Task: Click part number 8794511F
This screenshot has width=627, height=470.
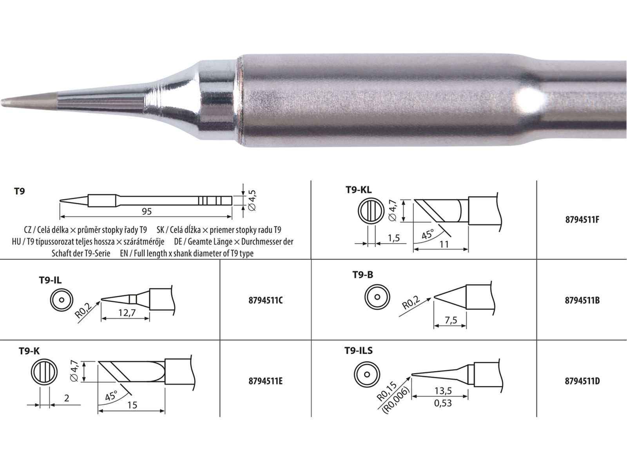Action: coord(582,220)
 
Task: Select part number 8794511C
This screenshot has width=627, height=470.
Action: coord(265,300)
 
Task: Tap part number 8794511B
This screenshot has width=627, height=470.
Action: coord(582,300)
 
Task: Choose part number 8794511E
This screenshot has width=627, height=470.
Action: coord(265,381)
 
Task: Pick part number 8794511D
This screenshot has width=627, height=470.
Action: coord(582,381)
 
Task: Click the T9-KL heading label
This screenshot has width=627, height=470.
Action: coord(359,190)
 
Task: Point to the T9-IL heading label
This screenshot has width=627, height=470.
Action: coord(50,280)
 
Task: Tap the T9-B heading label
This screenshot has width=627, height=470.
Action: coord(362,275)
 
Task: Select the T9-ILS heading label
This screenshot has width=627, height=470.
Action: coord(359,351)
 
